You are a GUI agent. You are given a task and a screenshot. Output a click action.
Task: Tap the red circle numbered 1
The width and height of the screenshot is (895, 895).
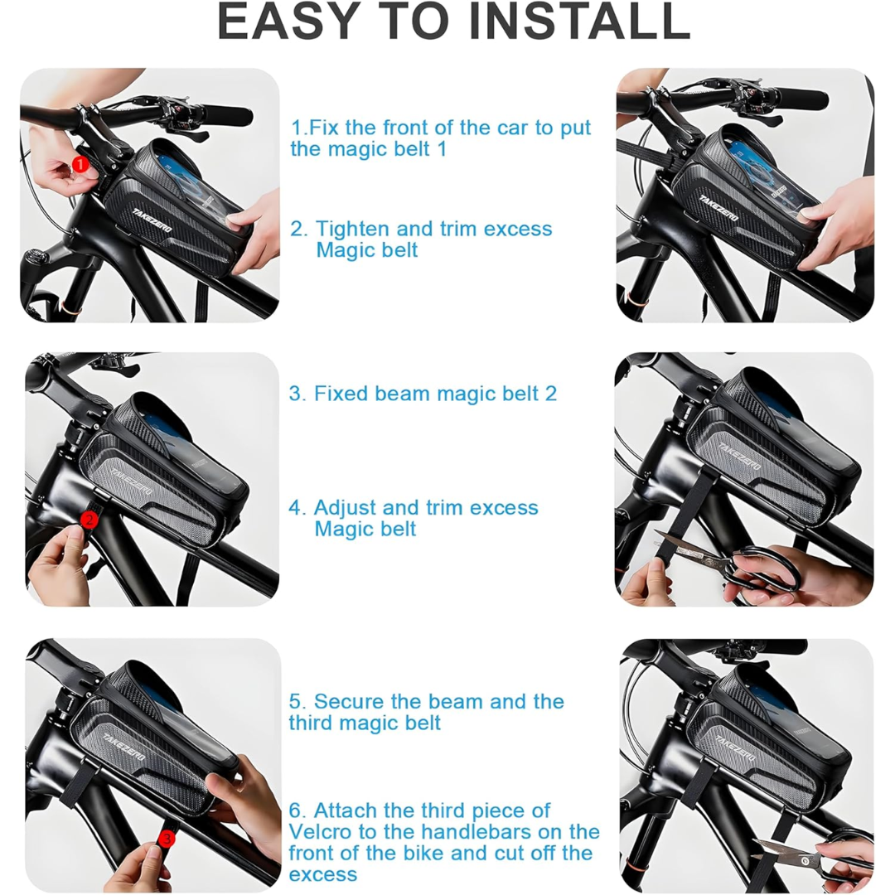pyautogui.click(x=80, y=165)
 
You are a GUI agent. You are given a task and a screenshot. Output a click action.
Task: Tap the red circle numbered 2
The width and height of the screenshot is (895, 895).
pyautogui.click(x=89, y=520)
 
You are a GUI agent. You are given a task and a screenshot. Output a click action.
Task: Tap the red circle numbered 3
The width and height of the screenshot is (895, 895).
pyautogui.click(x=167, y=839)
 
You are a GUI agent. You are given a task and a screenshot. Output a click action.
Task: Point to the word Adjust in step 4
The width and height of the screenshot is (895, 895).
pyautogui.click(x=345, y=508)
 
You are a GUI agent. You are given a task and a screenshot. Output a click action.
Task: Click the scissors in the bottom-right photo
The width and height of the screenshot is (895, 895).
pyautogui.click(x=810, y=856)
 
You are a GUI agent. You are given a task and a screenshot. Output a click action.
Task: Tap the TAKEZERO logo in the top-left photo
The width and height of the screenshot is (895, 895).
pyautogui.click(x=152, y=220)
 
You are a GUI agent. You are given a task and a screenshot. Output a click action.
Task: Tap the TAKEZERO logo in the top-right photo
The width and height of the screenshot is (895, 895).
pyautogui.click(x=718, y=208)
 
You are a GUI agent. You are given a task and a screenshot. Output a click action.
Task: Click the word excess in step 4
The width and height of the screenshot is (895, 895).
pyautogui.click(x=504, y=508)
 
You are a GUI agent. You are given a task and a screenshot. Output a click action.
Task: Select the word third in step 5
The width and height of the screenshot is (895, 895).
pyautogui.click(x=311, y=723)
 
